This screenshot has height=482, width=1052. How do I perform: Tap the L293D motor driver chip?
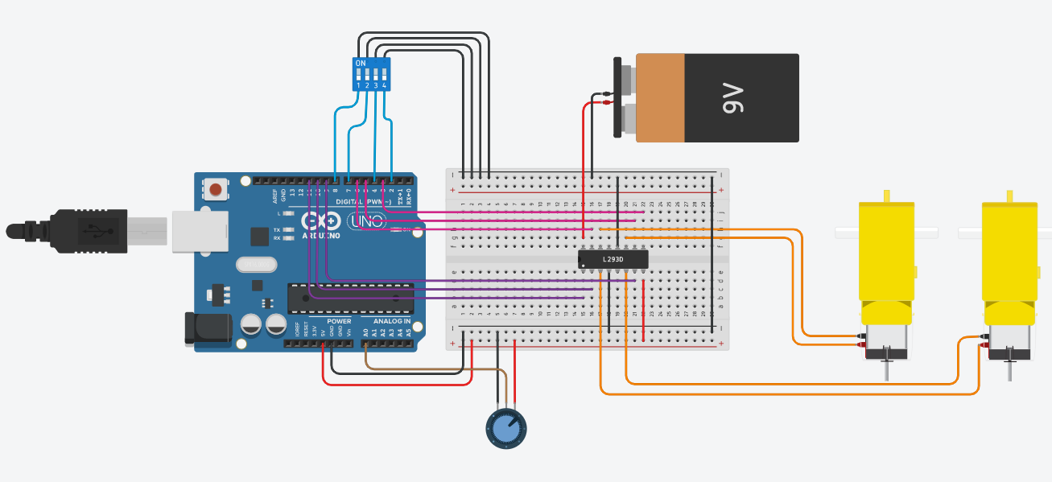613,259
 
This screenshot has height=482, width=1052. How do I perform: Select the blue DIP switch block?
371,73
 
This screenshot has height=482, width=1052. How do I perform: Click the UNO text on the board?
365,220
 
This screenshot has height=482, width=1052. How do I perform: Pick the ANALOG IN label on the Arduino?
392,321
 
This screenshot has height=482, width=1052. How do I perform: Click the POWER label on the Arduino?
339,321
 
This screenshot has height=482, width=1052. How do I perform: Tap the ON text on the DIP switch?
360,63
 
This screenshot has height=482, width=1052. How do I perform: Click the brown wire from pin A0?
435,369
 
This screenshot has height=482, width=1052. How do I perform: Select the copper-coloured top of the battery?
660,98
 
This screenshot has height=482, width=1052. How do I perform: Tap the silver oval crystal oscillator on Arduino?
256,265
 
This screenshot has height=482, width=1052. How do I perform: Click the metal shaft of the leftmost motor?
886,369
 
